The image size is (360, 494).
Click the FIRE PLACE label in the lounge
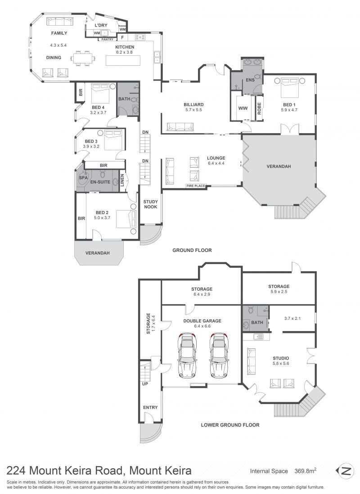click(x=195, y=186)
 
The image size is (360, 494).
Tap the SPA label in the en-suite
click(x=83, y=178)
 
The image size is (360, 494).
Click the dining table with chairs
click(x=83, y=58)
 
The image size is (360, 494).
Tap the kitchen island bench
click(x=123, y=60)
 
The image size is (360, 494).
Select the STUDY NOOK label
click(x=150, y=204)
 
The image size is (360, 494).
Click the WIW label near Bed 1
click(x=243, y=108)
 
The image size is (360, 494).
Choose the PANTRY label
click(x=108, y=40)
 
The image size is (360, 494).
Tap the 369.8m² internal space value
click(x=305, y=471)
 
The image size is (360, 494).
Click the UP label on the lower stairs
click(x=145, y=384)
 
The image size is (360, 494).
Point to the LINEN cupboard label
click(x=122, y=180)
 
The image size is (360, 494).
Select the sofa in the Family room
click(x=59, y=22)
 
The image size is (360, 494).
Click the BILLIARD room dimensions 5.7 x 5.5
click(x=193, y=110)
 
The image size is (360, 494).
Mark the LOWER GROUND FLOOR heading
click(x=230, y=425)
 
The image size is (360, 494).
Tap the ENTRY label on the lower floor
click(x=150, y=407)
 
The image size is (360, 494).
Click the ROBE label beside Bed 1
click(x=259, y=108)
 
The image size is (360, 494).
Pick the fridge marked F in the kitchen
click(x=123, y=37)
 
